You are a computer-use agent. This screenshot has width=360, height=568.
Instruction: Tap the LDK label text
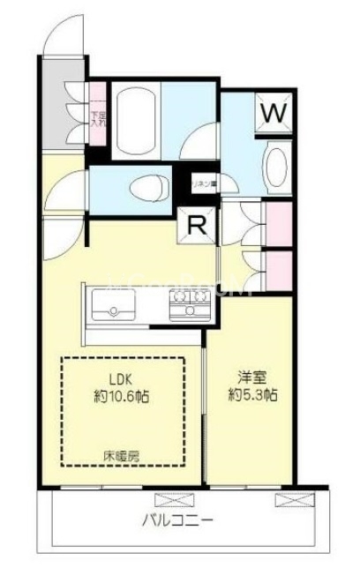click(x=122, y=381)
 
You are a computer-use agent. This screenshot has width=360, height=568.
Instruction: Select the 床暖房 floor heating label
click(x=122, y=456)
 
